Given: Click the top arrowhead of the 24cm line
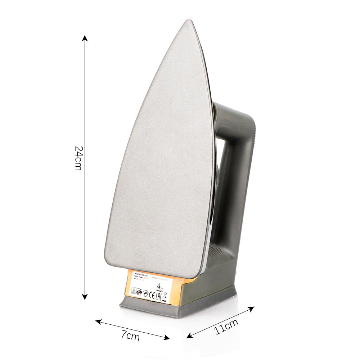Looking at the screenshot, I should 85,37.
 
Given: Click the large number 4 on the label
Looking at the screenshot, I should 159,285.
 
